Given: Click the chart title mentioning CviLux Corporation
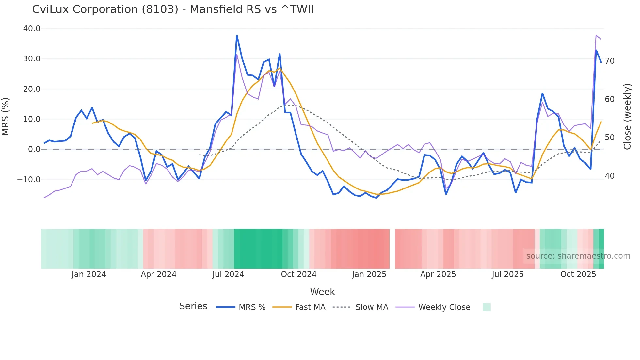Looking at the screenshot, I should point(173,9).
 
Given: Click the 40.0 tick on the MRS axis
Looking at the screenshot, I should point(32,29).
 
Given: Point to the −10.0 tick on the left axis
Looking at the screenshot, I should point(29,179).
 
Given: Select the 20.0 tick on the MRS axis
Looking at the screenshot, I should point(32,89).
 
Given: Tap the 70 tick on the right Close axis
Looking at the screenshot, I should point(609,61).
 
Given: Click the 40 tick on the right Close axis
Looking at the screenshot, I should point(609,176).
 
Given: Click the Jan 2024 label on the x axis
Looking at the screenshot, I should point(89,274).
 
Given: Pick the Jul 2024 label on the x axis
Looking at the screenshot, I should point(228,274).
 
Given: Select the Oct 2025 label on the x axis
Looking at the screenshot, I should point(578,274).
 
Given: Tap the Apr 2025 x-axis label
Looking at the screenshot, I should point(438,274).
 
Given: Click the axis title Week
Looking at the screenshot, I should point(322,292).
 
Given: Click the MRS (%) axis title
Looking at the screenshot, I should point(6,116).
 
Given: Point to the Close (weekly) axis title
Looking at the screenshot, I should point(627,117).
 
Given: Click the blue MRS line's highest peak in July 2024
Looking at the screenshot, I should point(237,36).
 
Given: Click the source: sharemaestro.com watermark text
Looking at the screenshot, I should point(578,256).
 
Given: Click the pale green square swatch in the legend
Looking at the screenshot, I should point(487,307).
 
